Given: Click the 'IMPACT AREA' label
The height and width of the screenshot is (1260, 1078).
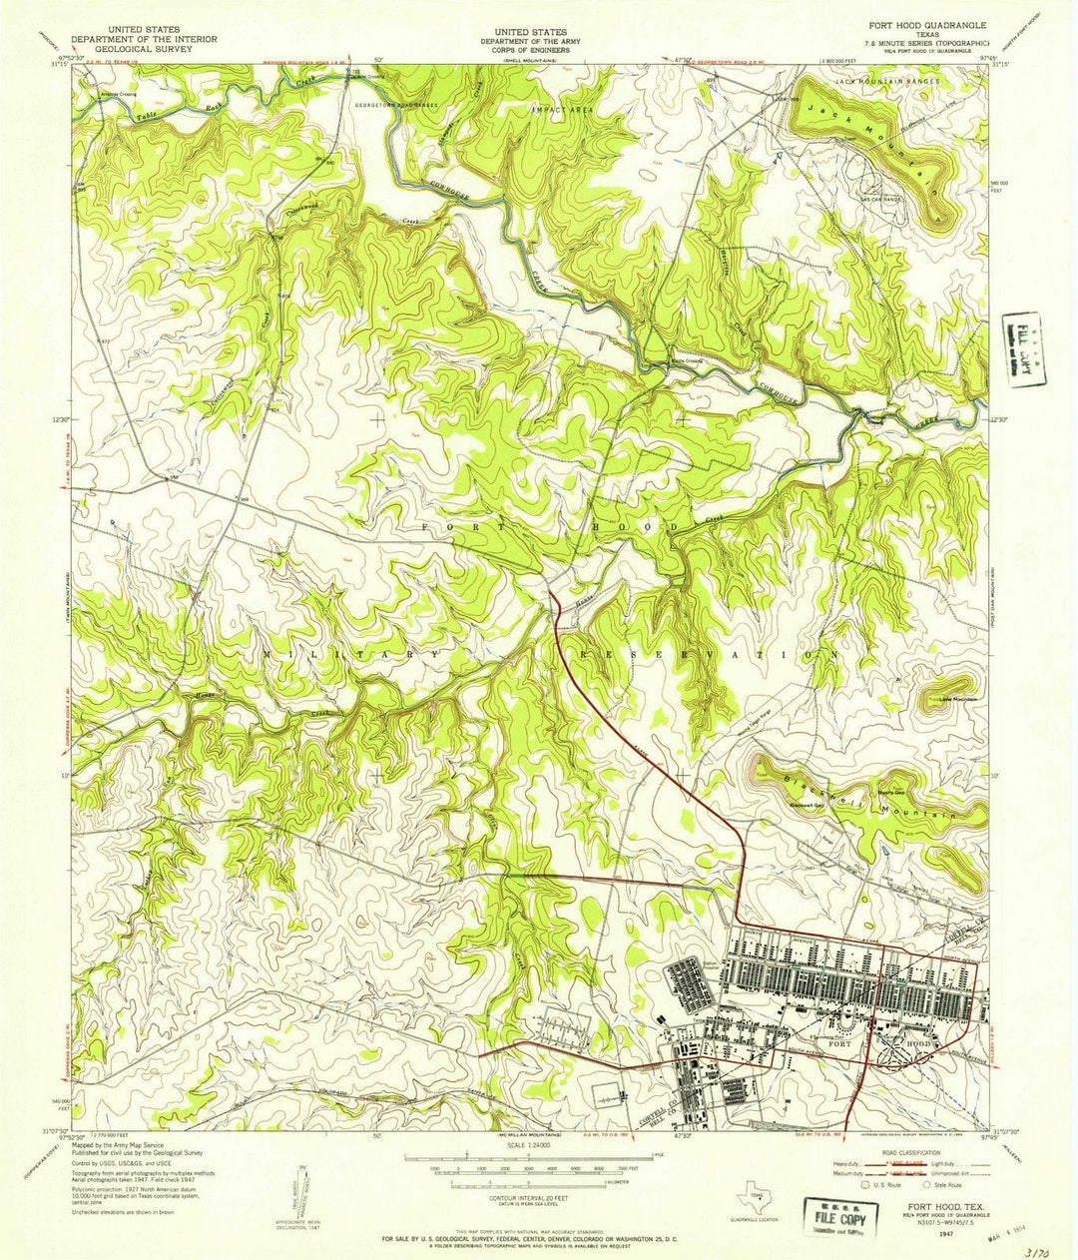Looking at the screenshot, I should [x=563, y=109].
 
